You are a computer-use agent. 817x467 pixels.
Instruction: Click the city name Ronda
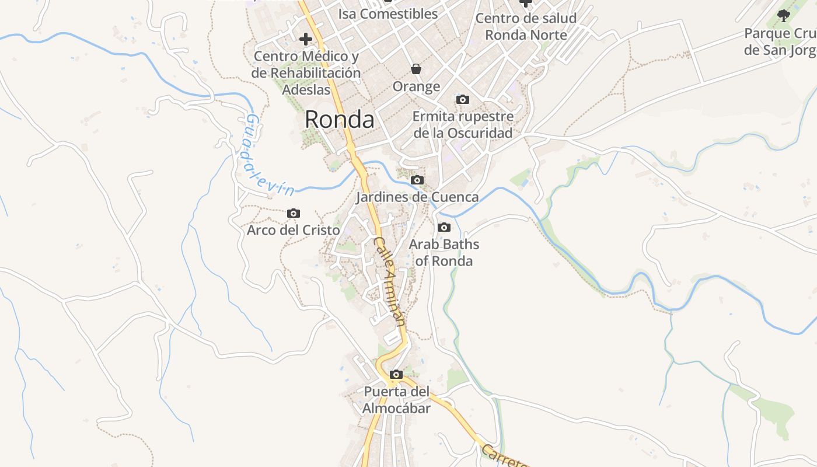pyautogui.click(x=339, y=120)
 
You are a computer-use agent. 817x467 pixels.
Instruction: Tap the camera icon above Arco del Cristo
pyautogui.click(x=294, y=214)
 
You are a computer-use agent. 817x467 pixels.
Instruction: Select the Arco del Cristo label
pyautogui.click(x=293, y=230)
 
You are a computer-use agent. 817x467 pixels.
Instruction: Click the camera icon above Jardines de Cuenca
pyautogui.click(x=417, y=180)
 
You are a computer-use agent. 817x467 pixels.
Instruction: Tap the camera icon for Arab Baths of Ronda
pyautogui.click(x=444, y=228)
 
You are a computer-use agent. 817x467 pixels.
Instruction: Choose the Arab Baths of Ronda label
pyautogui.click(x=444, y=252)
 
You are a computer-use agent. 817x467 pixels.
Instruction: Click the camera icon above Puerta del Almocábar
pyautogui.click(x=396, y=375)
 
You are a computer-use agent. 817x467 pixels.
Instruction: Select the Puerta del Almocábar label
pyautogui.click(x=396, y=400)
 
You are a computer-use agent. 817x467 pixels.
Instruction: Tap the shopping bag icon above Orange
pyautogui.click(x=416, y=69)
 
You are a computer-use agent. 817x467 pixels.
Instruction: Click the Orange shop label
pyautogui.click(x=416, y=87)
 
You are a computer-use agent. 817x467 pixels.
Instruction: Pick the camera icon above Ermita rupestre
pyautogui.click(x=463, y=100)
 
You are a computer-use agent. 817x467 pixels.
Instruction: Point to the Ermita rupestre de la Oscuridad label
pyautogui.click(x=463, y=124)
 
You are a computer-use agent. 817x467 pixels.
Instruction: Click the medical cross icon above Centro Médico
pyautogui.click(x=305, y=40)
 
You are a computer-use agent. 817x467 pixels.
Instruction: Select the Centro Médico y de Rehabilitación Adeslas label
pyautogui.click(x=306, y=73)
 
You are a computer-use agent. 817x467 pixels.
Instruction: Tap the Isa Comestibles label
pyautogui.click(x=387, y=13)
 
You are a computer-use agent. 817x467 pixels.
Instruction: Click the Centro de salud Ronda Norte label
pyautogui.click(x=526, y=26)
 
